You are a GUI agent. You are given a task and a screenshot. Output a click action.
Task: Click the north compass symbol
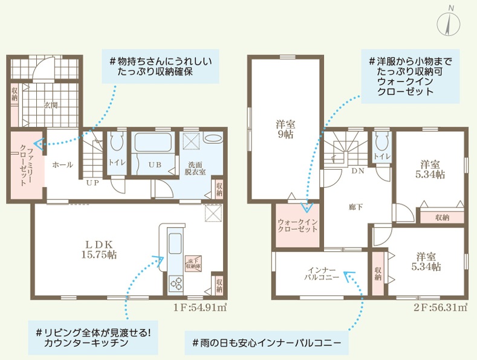click(x=449, y=23)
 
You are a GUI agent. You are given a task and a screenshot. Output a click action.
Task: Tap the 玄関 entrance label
click(x=51, y=106)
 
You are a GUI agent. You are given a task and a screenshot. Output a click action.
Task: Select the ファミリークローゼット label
click(x=27, y=165)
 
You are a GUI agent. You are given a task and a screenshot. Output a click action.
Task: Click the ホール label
click(x=63, y=165)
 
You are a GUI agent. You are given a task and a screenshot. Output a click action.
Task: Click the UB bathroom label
click(x=155, y=165)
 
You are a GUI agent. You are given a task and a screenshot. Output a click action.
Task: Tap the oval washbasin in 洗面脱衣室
click(x=213, y=139)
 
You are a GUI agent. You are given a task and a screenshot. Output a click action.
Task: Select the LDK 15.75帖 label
click(x=99, y=249)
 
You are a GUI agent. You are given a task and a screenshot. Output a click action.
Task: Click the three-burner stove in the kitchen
click(x=176, y=283)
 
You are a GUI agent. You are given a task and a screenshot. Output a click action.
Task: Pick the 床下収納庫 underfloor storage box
click(x=193, y=263)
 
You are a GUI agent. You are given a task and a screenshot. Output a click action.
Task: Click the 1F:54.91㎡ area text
click(x=200, y=307)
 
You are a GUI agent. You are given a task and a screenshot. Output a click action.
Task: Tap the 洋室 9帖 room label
click(x=285, y=129)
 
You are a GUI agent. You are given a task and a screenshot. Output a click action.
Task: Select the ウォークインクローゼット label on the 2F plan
click(x=297, y=226)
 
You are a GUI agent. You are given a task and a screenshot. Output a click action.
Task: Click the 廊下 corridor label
click(x=356, y=207)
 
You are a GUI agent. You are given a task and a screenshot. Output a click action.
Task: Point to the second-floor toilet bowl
click(x=382, y=142)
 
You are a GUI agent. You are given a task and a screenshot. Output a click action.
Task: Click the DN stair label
click(x=358, y=171)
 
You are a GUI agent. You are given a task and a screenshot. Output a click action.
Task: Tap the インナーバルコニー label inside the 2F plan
click(x=322, y=274)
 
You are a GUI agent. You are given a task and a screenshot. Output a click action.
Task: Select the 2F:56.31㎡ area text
click(x=440, y=307)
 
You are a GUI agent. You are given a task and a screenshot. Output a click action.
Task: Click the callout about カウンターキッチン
click(x=93, y=338)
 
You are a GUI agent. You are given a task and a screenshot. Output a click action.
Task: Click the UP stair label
click(x=92, y=183)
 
